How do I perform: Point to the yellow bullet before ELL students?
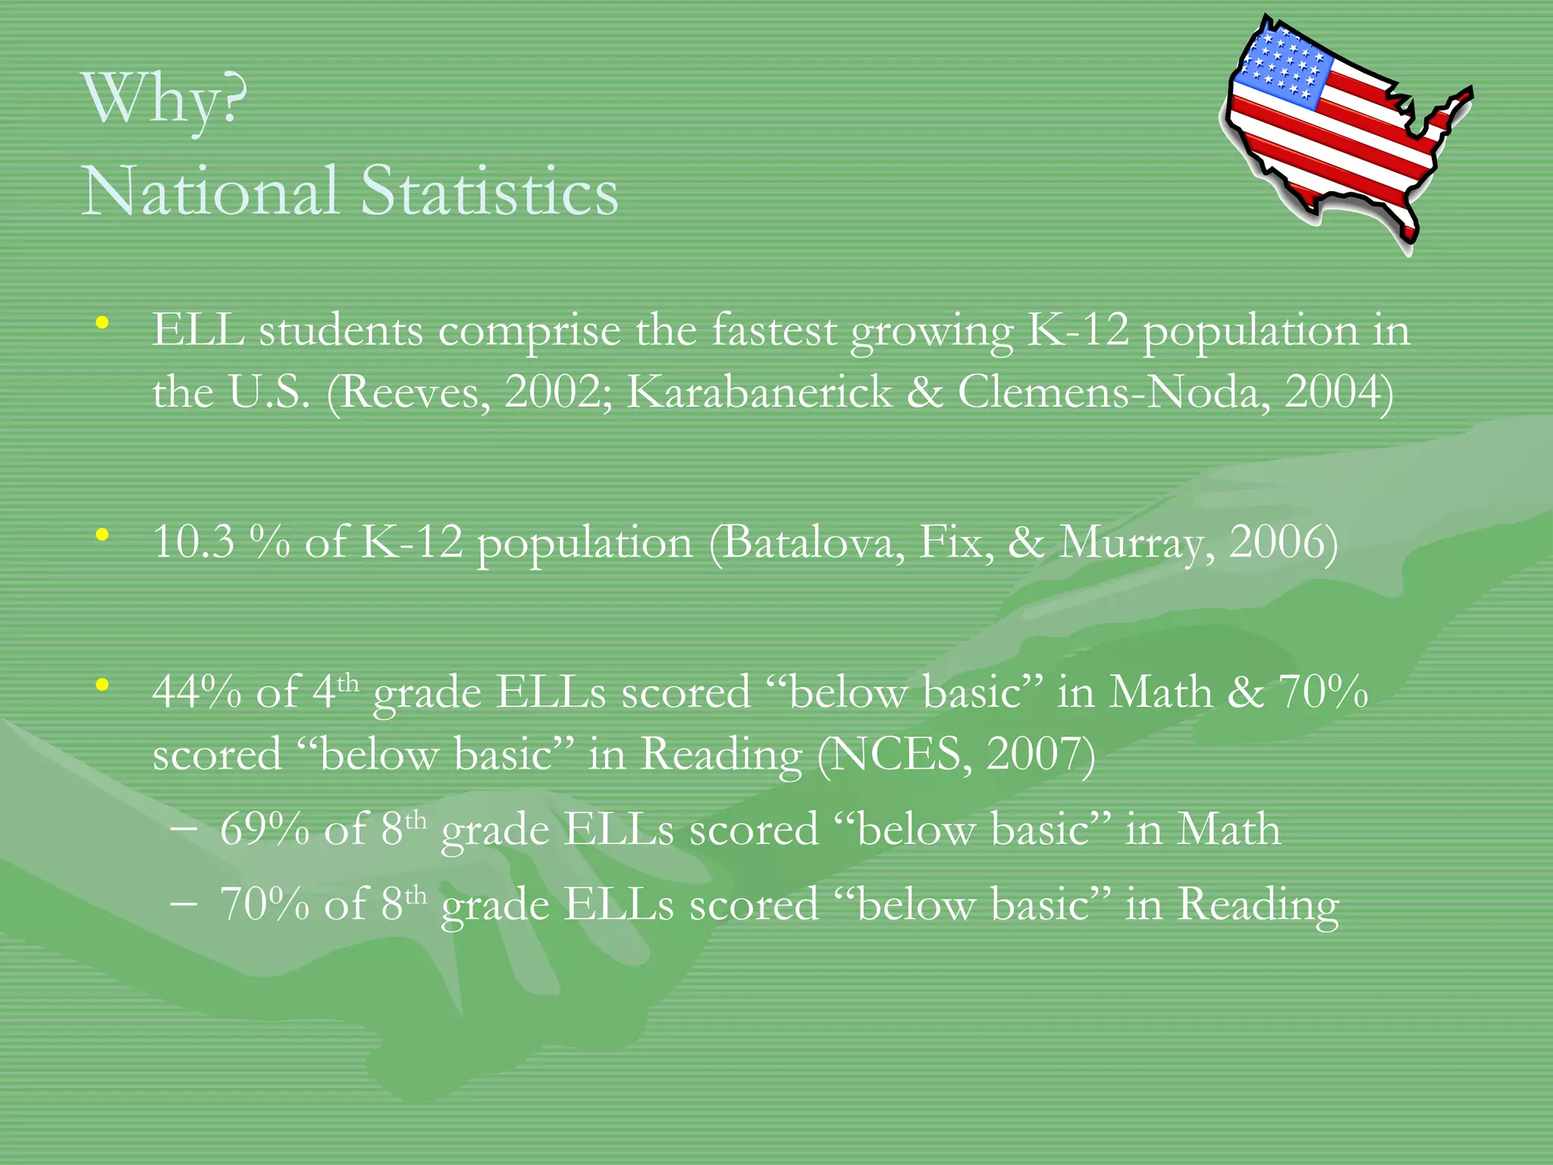pos(102,324)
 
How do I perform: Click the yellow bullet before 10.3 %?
pos(102,535)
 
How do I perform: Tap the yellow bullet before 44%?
pos(102,686)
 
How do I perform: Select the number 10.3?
pos(193,542)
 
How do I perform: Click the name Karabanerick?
pos(759,392)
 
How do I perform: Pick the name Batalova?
pos(807,542)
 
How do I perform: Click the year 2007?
pos(1035,755)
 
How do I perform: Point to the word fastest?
pos(773,331)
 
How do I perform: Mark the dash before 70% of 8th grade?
pos(184,904)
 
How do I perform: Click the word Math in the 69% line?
pos(1228,829)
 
